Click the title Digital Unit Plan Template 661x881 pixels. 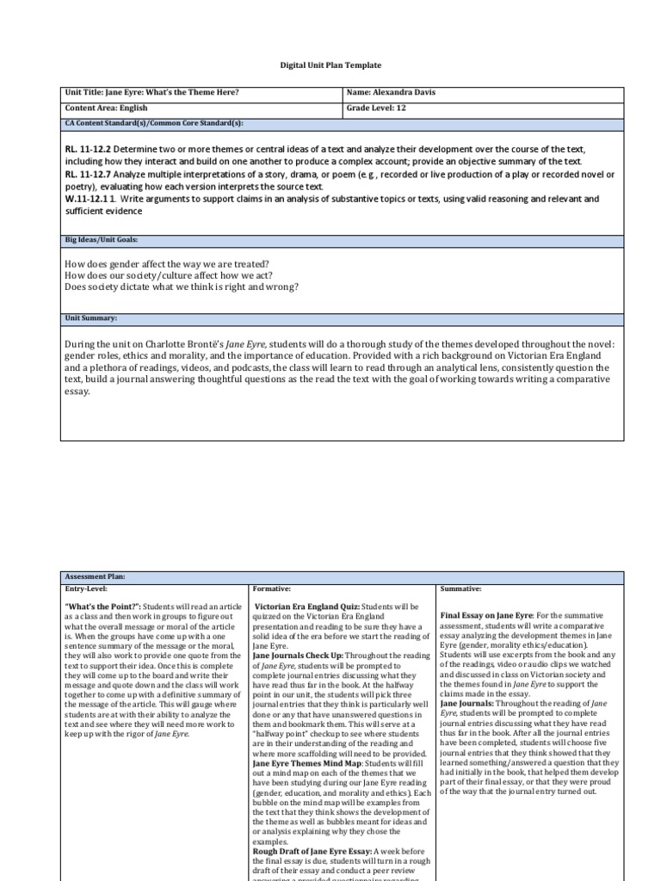click(330, 65)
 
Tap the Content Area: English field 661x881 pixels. click(106, 108)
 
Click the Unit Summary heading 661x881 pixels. click(91, 318)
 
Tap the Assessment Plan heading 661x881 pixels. click(96, 577)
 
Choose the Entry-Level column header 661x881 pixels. click(88, 589)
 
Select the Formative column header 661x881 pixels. click(272, 589)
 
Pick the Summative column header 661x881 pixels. click(460, 589)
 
